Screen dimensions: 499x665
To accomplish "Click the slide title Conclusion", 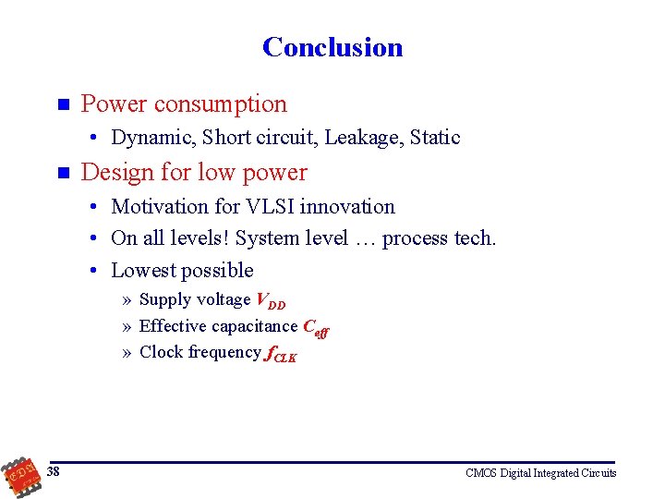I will (332, 47).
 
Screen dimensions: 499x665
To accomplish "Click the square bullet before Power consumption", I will (62, 103).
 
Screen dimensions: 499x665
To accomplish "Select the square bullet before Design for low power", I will (62, 172).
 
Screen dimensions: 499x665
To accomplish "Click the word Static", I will (435, 138).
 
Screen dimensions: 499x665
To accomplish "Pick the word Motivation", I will (161, 207).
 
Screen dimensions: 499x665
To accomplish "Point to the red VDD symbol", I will (271, 300).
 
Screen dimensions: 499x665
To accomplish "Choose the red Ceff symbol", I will (317, 327).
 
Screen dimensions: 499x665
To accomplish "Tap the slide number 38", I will (54, 472).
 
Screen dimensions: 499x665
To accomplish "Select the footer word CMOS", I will (481, 473).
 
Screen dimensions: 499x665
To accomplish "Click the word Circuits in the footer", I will (598, 473).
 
